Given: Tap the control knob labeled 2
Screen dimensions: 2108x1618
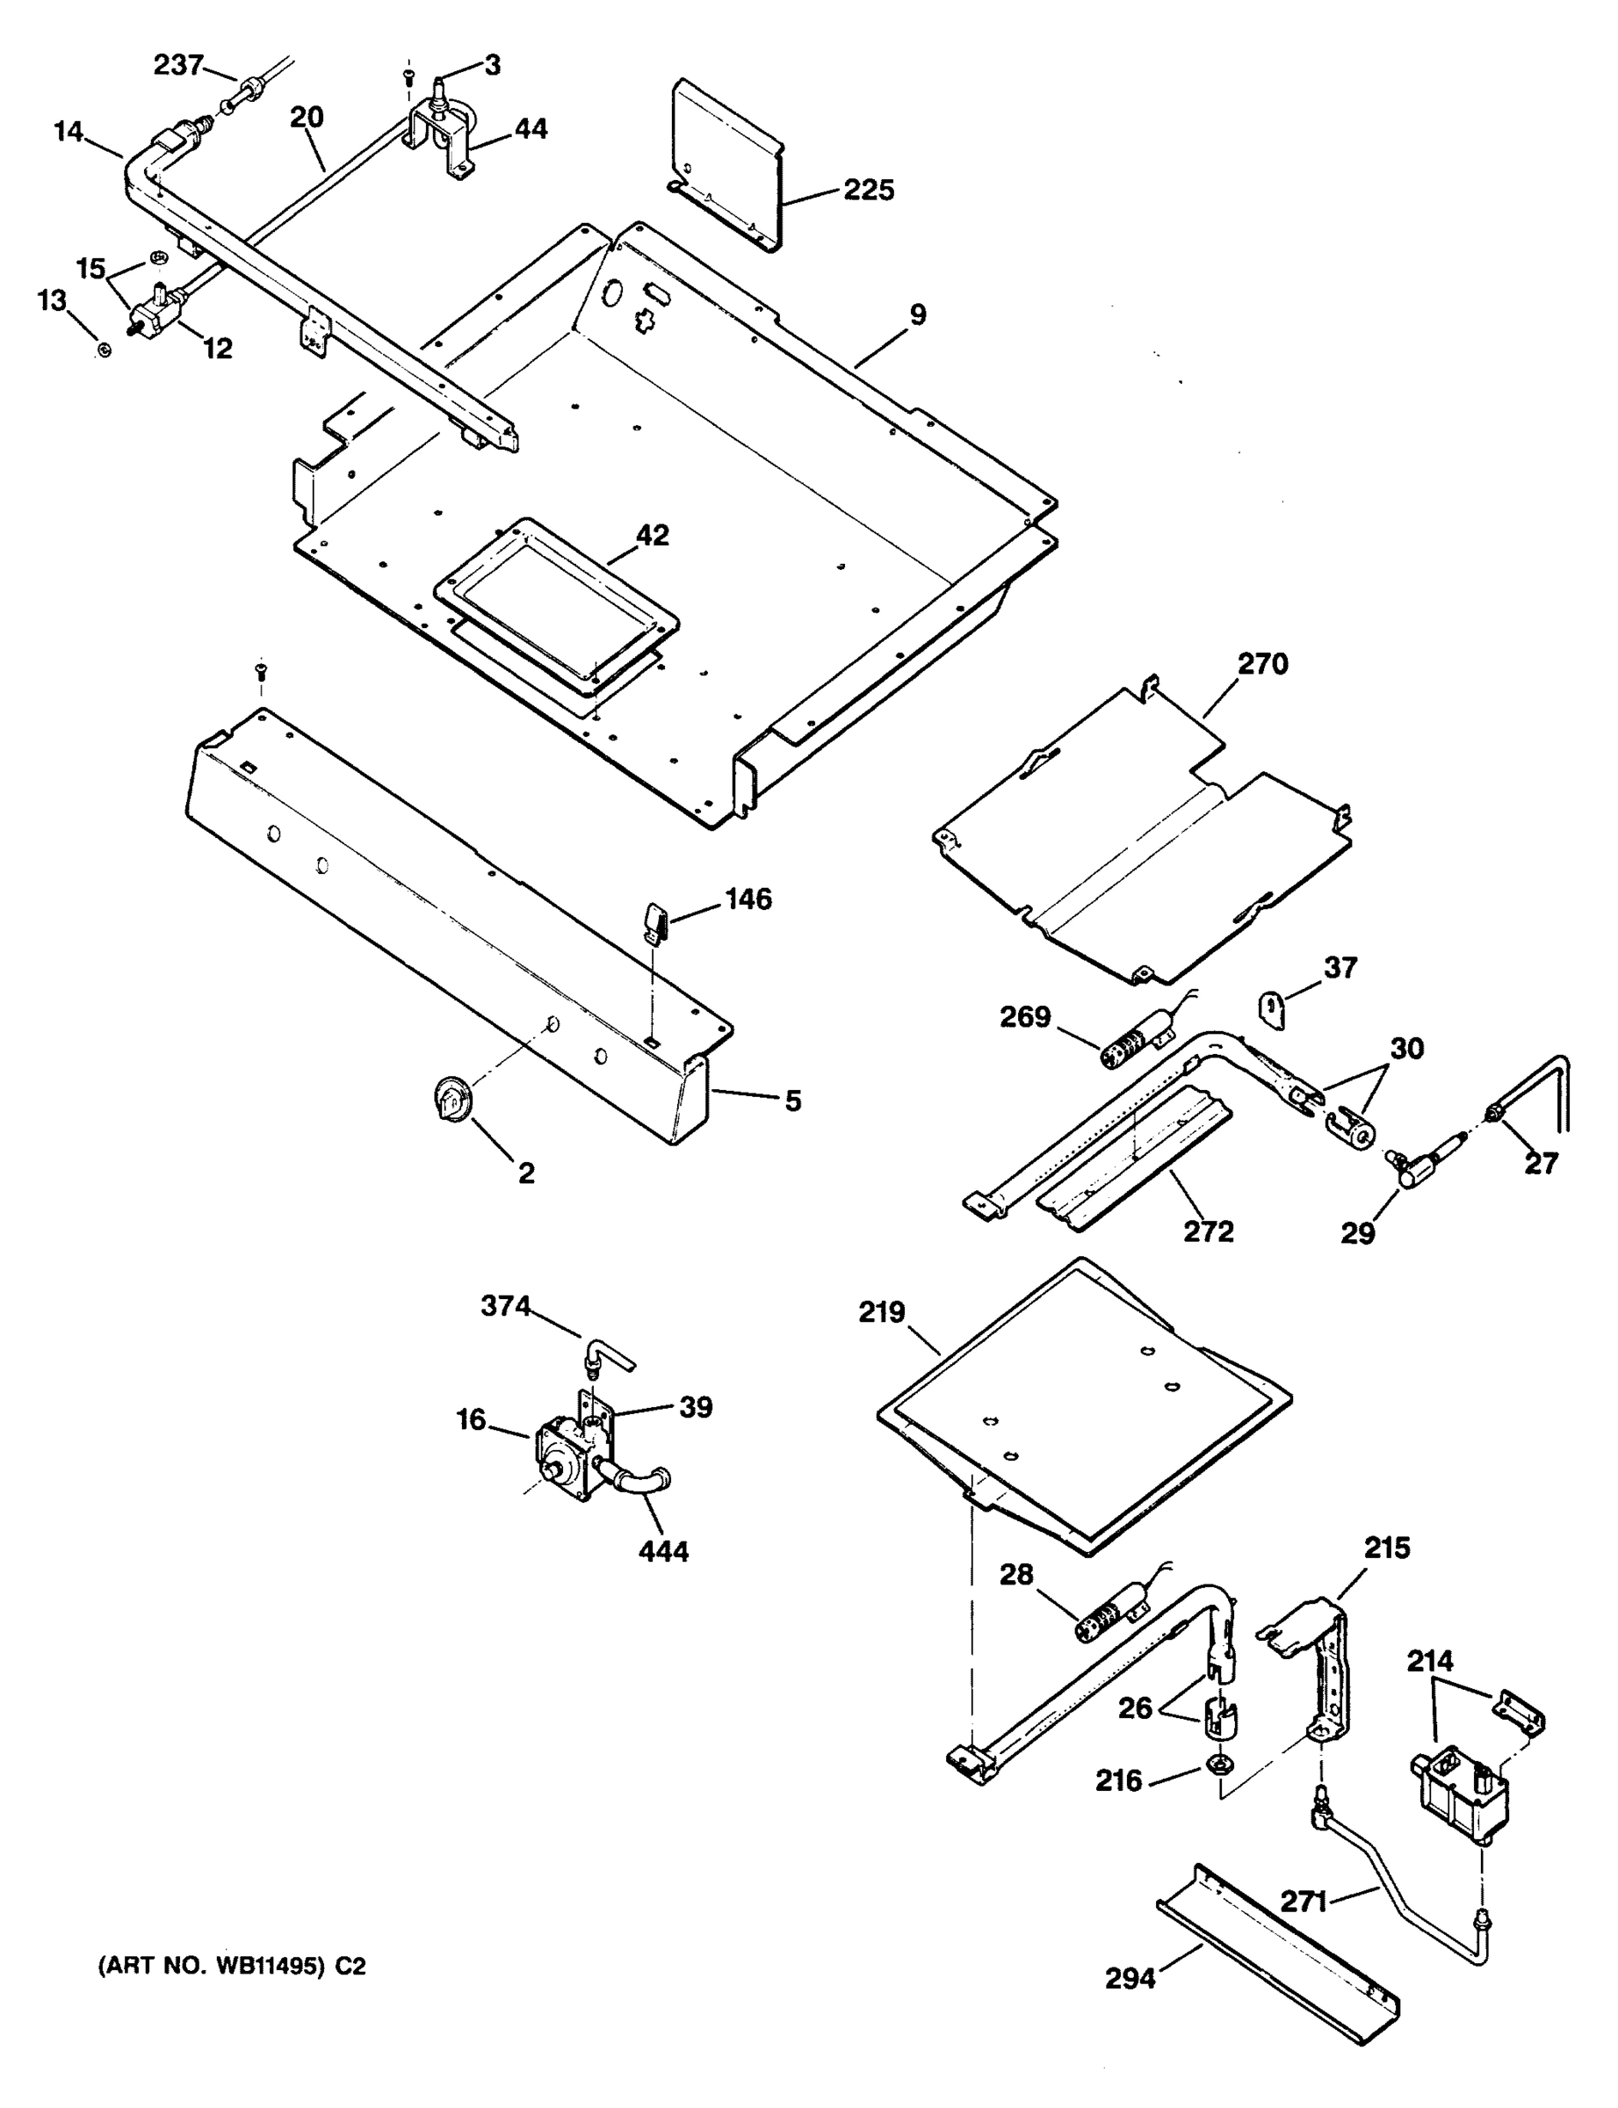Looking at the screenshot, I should pyautogui.click(x=450, y=1098).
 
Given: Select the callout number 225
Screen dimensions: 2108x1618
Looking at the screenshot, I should pyautogui.click(x=869, y=190).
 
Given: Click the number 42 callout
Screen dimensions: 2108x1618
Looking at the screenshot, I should pyautogui.click(x=653, y=536).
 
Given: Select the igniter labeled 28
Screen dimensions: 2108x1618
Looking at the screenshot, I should pyautogui.click(x=1106, y=1628).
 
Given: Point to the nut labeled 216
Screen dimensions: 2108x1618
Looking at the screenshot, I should pyautogui.click(x=1217, y=1767).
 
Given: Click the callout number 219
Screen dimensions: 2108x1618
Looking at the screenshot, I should pyautogui.click(x=882, y=1311).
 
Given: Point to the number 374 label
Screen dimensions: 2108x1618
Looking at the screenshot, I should pyautogui.click(x=506, y=1306).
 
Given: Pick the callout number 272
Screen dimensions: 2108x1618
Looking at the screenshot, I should pyautogui.click(x=1209, y=1231).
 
